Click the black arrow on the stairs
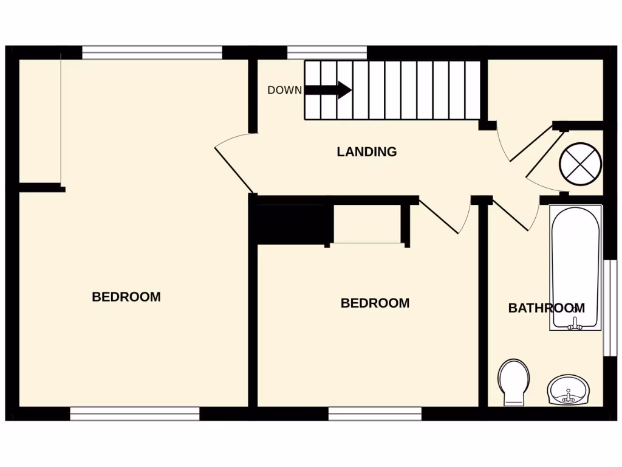[328, 90]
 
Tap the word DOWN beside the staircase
[284, 91]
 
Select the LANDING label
[366, 152]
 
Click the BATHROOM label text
[546, 308]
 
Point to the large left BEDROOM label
[126, 297]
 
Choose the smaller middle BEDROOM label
[375, 303]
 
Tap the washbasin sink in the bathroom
[568, 390]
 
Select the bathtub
[575, 268]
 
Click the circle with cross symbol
[579, 163]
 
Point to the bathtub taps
[574, 325]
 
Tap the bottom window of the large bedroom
[135, 414]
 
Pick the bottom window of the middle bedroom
[375, 414]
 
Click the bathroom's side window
[609, 308]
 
